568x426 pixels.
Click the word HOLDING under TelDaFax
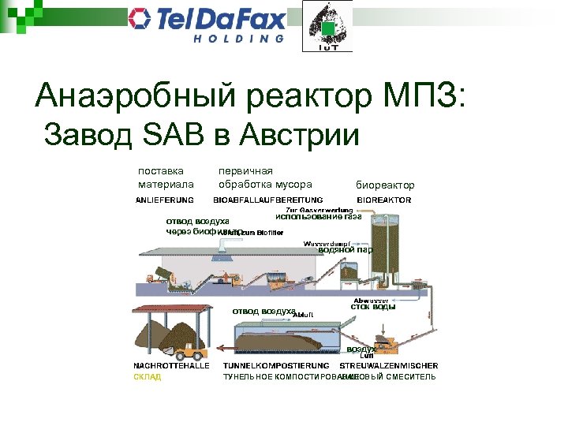coord(238,40)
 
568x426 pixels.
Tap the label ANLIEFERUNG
coord(165,200)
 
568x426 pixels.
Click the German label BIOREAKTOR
coord(384,200)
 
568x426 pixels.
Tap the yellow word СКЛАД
coord(147,377)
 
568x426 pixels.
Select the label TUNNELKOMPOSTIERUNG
coord(275,366)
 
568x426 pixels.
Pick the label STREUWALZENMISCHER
coord(388,366)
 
